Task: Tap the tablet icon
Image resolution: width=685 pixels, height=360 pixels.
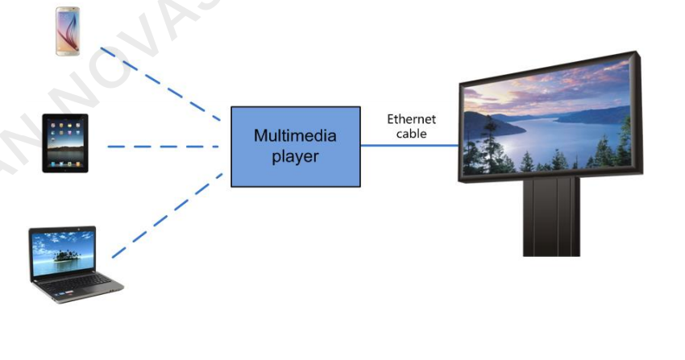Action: point(64,143)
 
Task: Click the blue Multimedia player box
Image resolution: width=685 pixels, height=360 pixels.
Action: point(295,146)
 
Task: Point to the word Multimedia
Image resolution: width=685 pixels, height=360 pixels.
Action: point(295,136)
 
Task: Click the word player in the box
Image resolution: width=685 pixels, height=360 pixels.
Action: point(295,156)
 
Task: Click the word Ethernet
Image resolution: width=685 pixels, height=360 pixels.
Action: point(411,119)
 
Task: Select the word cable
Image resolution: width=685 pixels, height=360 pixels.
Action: point(411,133)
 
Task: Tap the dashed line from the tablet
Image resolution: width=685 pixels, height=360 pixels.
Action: point(161,147)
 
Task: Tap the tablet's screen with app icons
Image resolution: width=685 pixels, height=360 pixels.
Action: point(64,142)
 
